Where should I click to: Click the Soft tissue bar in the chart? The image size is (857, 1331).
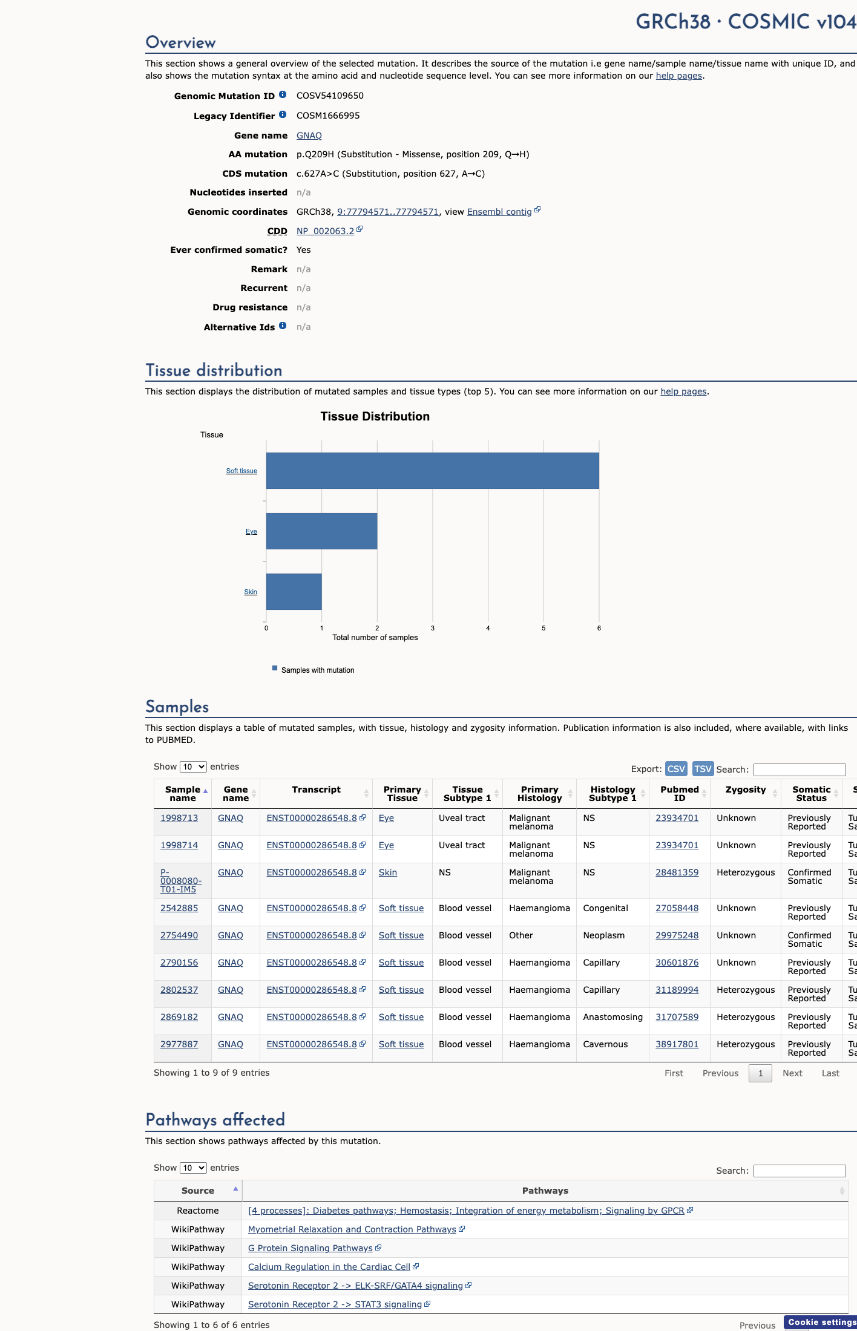(x=433, y=471)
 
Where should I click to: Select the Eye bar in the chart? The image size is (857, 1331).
(x=321, y=531)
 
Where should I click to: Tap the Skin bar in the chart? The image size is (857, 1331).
(x=294, y=592)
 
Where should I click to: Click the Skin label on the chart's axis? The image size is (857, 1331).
(x=251, y=592)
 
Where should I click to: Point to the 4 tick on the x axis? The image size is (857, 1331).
(x=488, y=628)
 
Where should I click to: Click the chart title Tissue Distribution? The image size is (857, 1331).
(x=375, y=416)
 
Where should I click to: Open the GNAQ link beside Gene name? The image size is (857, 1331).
(x=309, y=136)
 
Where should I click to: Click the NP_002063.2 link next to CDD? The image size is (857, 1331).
(x=326, y=231)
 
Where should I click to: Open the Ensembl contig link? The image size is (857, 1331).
(x=499, y=212)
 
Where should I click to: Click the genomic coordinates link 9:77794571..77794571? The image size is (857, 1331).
(x=388, y=212)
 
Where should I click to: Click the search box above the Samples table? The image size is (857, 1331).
(x=800, y=770)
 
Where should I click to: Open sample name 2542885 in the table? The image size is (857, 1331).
(x=179, y=908)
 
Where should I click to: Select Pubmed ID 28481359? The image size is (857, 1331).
(x=677, y=872)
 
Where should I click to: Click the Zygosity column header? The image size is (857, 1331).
(x=746, y=790)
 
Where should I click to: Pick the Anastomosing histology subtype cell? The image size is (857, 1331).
(x=613, y=1017)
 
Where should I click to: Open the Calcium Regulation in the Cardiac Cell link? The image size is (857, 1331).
(x=329, y=1267)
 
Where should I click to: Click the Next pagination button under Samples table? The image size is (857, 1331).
(x=792, y=1073)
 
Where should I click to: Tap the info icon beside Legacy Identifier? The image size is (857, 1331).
(x=283, y=114)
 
